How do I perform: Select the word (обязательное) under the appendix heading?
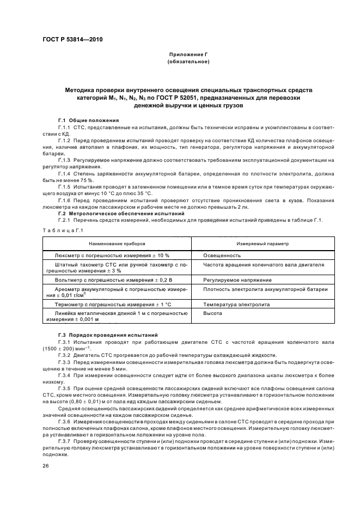188,62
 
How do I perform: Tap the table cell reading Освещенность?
222,255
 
